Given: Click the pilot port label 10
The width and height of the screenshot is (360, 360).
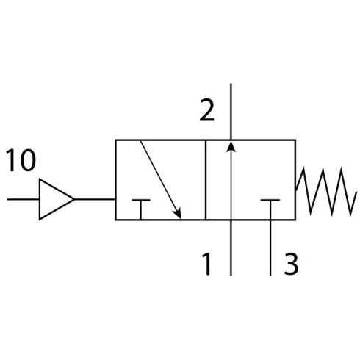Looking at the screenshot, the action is (21, 160).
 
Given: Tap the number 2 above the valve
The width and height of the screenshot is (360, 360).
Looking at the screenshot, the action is (207, 110).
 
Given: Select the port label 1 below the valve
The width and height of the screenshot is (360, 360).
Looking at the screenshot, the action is (207, 264).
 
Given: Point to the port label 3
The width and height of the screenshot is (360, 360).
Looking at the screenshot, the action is (291, 264).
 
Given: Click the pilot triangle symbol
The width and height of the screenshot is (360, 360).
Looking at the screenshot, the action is (56, 199).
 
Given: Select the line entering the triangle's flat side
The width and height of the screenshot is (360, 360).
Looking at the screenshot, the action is (23, 199).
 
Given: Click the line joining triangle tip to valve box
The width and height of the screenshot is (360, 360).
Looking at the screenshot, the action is (95, 199).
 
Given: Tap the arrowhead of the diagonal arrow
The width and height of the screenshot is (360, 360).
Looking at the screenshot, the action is (178, 213).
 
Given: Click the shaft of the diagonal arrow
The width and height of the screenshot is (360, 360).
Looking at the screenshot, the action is (161, 179).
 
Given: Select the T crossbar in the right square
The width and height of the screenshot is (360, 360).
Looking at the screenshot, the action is (270, 200).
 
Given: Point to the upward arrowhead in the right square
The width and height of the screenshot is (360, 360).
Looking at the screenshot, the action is (231, 146).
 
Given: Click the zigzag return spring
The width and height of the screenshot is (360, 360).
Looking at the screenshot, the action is (325, 192).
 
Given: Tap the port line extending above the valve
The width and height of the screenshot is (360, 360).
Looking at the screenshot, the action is (231, 112).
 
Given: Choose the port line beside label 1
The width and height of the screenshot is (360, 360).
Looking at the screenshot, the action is (231, 248).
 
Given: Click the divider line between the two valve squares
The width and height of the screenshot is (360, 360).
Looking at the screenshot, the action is (206, 180).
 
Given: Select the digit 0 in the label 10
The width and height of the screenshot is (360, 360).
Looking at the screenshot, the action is (28, 160).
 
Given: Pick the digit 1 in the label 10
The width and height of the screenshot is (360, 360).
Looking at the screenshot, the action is (11, 160).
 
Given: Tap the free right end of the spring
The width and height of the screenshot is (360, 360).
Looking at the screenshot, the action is (356, 192).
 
